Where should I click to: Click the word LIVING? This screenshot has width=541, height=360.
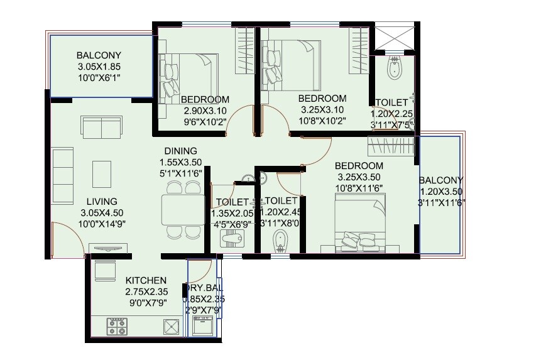click(x=102, y=202)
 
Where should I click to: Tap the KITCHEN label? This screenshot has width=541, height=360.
click(x=146, y=280)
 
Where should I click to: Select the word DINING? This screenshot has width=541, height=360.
click(x=181, y=151)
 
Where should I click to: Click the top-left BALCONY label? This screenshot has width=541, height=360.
click(x=99, y=55)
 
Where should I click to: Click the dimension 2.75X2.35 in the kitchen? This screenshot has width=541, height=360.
click(x=146, y=292)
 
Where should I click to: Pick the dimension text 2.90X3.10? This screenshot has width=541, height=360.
click(x=205, y=111)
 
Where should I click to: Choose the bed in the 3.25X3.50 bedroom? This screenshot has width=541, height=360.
click(x=359, y=223)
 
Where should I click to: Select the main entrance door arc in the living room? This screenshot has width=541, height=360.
click(x=66, y=242)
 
